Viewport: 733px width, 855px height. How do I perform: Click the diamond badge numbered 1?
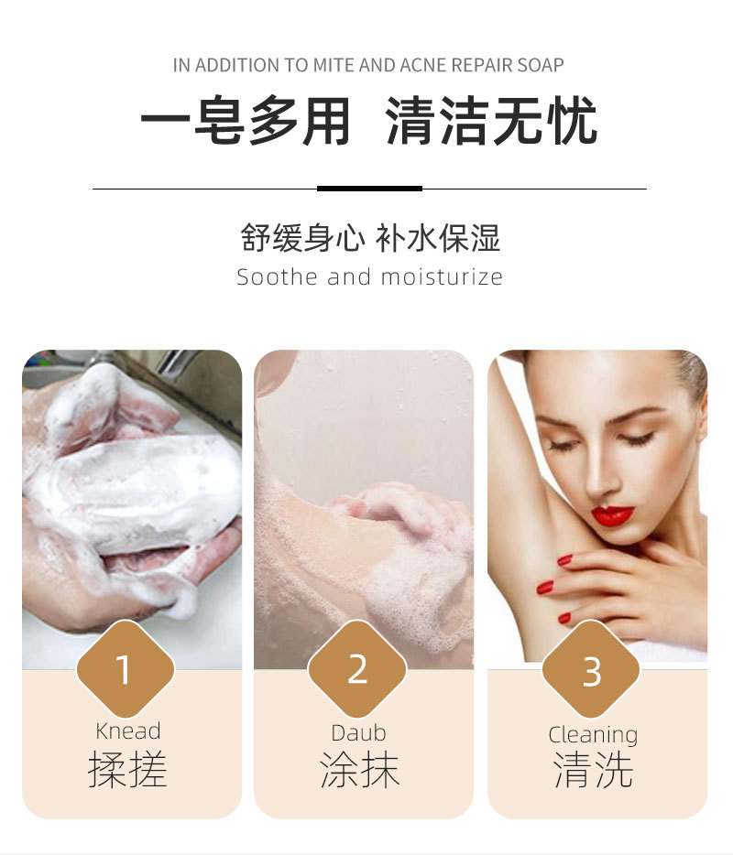coord(124,669)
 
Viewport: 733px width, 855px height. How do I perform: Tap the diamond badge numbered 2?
coord(357,669)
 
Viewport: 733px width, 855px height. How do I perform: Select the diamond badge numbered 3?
coord(591,672)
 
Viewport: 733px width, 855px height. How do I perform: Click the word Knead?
coord(127,731)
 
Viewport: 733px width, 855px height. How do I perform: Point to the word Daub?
coord(358,732)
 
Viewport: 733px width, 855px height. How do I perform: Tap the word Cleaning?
coord(593,734)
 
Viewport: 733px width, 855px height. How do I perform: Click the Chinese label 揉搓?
coord(127,770)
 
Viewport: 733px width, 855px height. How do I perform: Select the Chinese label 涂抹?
coord(359,770)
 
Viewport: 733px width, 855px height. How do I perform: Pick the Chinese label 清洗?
coord(593,770)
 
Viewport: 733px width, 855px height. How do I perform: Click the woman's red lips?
coord(612,515)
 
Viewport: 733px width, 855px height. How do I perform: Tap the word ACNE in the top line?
coord(424,66)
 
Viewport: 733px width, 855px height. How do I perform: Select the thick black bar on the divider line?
coord(369,189)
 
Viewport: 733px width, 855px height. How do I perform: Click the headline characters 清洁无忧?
coord(491,122)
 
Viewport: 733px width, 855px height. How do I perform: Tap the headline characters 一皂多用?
coord(246,122)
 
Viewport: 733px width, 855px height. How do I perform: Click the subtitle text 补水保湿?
coord(438,238)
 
